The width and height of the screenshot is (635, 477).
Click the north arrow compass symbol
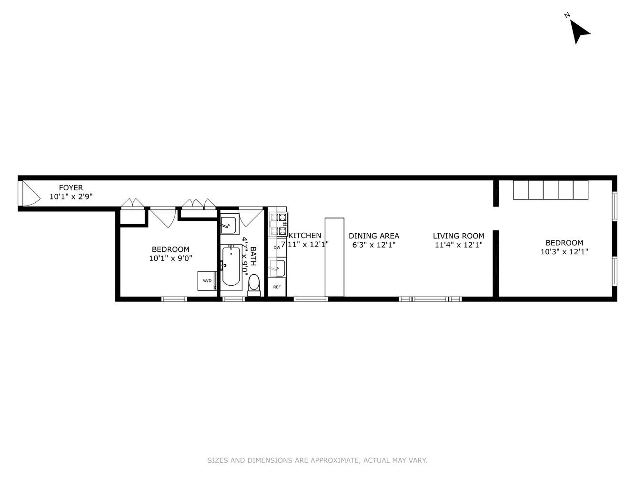click(579, 31)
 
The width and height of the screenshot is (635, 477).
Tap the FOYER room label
click(71, 187)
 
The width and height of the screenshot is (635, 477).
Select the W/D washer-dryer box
click(207, 281)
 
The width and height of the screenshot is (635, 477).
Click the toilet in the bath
click(254, 282)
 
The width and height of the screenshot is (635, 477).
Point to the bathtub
click(231, 266)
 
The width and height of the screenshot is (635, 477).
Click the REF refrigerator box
click(277, 287)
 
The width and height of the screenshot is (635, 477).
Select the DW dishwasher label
click(277, 248)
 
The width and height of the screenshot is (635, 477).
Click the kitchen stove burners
click(278, 224)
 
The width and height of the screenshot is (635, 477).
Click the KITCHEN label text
click(305, 235)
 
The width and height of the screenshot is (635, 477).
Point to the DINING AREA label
click(374, 236)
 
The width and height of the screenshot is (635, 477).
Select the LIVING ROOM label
click(458, 236)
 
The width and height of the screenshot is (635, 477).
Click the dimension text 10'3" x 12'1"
click(564, 252)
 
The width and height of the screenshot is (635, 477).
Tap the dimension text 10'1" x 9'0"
click(171, 258)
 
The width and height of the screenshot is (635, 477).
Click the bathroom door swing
click(250, 217)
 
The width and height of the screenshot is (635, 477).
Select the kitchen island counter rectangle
click(334, 257)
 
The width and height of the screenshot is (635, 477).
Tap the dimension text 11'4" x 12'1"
click(458, 245)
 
